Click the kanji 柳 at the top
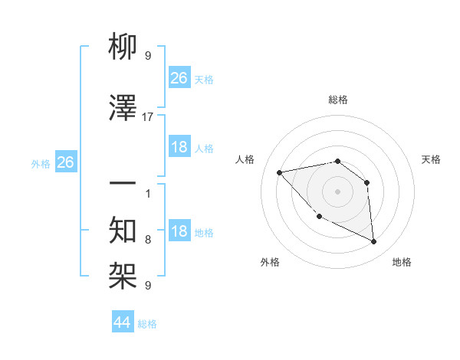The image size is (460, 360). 123,49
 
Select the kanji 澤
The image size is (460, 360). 123,109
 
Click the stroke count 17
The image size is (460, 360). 148,117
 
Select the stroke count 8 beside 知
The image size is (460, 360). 148,240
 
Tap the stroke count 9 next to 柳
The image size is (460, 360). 148,56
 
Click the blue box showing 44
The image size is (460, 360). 123,322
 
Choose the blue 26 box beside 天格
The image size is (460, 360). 179,78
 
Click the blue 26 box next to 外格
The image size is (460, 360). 65,162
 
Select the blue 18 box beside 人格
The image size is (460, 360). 179,147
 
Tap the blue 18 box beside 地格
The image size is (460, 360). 179,231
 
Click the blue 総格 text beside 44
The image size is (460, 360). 147,324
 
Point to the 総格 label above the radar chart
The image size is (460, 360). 338,100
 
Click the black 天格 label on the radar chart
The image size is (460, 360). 431,159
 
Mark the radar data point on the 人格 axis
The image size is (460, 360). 280,172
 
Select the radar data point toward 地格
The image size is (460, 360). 373,242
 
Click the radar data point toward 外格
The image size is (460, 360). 319,217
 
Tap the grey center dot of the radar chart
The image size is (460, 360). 337,191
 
